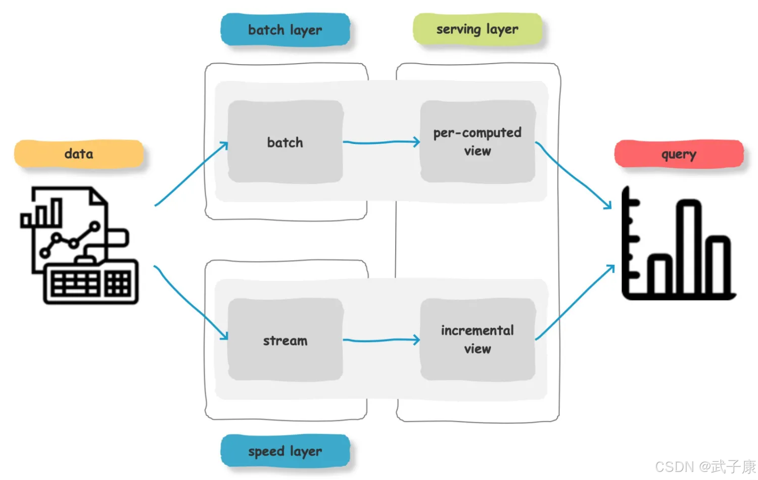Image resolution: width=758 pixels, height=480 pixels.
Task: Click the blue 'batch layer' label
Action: point(285,30)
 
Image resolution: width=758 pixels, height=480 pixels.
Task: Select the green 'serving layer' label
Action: point(477,29)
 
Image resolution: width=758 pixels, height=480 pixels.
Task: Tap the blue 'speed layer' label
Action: point(285,451)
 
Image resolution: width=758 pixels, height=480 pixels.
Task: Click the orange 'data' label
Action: point(79,154)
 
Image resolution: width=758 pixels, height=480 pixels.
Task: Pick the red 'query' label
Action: point(679,154)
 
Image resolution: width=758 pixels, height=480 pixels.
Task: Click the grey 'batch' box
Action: point(285,142)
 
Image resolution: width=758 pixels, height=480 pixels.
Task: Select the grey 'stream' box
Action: point(285,340)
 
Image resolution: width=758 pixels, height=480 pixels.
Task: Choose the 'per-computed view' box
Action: point(477,141)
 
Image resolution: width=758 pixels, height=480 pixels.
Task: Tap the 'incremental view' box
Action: point(477,340)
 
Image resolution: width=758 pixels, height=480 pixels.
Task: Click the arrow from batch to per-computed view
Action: point(381,142)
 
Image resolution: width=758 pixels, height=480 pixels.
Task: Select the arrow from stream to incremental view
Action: point(381,341)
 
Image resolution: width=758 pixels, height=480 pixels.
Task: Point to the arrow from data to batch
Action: point(191,174)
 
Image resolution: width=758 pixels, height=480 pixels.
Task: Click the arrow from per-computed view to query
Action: point(573,174)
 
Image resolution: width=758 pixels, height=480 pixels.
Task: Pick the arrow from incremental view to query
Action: point(575,303)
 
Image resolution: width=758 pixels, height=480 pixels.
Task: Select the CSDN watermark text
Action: point(705,466)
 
